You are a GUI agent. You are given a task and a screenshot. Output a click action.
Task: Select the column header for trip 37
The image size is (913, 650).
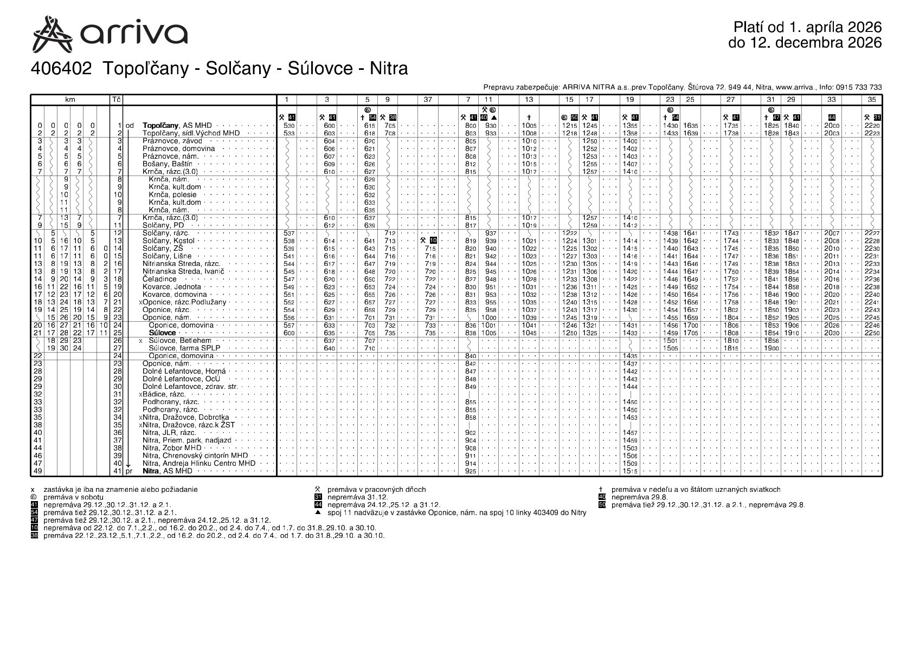tap(428, 100)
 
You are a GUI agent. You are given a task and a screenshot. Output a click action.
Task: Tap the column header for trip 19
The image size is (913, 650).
tap(629, 100)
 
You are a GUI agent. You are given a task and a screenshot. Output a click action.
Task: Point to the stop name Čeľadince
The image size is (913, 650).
tap(159, 279)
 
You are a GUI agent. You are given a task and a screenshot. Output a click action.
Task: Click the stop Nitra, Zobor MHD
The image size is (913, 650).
tap(172, 448)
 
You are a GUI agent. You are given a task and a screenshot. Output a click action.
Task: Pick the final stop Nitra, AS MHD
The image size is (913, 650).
tap(168, 471)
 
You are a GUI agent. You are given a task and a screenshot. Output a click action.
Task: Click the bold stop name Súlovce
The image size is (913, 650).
tap(162, 333)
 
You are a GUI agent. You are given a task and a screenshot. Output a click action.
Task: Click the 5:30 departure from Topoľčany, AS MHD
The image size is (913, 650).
tap(289, 126)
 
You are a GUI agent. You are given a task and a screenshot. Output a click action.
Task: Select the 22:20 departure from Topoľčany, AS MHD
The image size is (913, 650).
tap(872, 126)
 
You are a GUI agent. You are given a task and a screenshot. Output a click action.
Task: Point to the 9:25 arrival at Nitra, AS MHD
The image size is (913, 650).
tap(471, 471)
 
